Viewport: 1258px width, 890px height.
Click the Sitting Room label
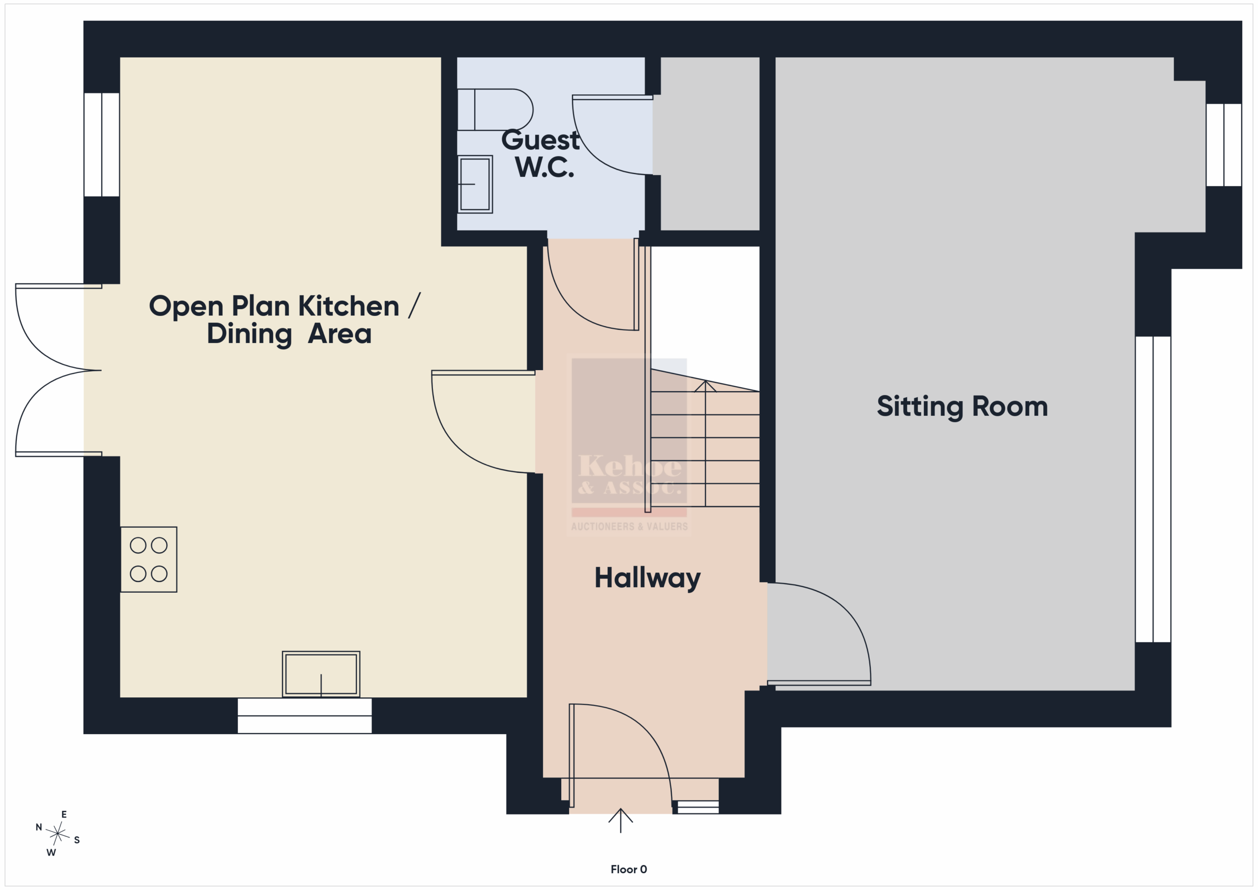pyautogui.click(x=962, y=406)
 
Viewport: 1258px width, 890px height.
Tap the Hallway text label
pyautogui.click(x=648, y=578)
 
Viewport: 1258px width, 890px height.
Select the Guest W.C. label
pyautogui.click(x=541, y=153)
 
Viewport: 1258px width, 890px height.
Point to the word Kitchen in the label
pyautogui.click(x=348, y=306)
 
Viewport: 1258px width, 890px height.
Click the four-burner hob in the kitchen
pyautogui.click(x=148, y=560)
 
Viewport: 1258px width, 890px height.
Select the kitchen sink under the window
pyautogui.click(x=321, y=674)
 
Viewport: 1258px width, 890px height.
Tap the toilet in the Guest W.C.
pyautogui.click(x=495, y=110)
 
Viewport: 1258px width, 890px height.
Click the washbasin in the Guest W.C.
pyautogui.click(x=475, y=184)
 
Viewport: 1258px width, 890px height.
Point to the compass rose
pyautogui.click(x=57, y=833)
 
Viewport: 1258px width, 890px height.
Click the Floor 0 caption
pyautogui.click(x=629, y=869)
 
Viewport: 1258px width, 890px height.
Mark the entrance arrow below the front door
pyautogui.click(x=620, y=820)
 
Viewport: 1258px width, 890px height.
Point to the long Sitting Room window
pyautogui.click(x=1153, y=489)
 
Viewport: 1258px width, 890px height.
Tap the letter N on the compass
pyautogui.click(x=39, y=827)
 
